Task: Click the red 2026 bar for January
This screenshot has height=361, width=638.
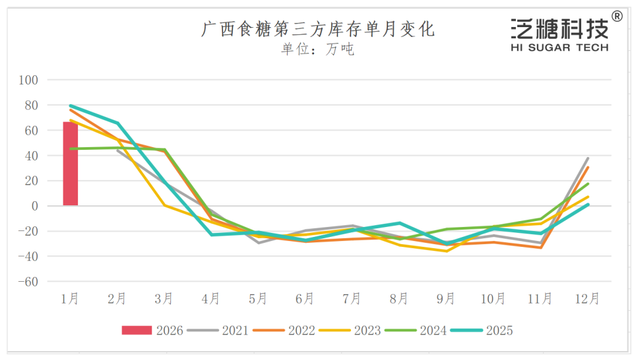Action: pyautogui.click(x=70, y=164)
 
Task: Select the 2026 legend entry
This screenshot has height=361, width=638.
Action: pyautogui.click(x=152, y=330)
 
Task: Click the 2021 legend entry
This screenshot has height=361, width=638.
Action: pyautogui.click(x=218, y=330)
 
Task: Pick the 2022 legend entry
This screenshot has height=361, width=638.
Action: pyautogui.click(x=284, y=330)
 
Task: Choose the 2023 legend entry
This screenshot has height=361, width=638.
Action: pyautogui.click(x=350, y=330)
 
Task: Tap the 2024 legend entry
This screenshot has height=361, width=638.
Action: pyautogui.click(x=416, y=330)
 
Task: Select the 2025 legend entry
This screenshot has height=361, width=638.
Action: pyautogui.click(x=482, y=330)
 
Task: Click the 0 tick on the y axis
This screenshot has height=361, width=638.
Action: pyautogui.click(x=36, y=206)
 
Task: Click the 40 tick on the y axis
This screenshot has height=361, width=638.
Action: pyautogui.click(x=32, y=156)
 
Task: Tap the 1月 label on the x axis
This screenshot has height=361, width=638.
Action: pyautogui.click(x=70, y=299)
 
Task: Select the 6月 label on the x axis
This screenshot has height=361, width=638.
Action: pyautogui.click(x=305, y=299)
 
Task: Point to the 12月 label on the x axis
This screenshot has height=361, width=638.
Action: pyautogui.click(x=587, y=299)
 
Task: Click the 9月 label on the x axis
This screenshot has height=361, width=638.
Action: pyautogui.click(x=446, y=299)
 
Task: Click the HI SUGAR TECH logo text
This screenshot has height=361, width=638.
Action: pyautogui.click(x=559, y=48)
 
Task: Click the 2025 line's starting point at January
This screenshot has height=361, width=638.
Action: pyautogui.click(x=70, y=106)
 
